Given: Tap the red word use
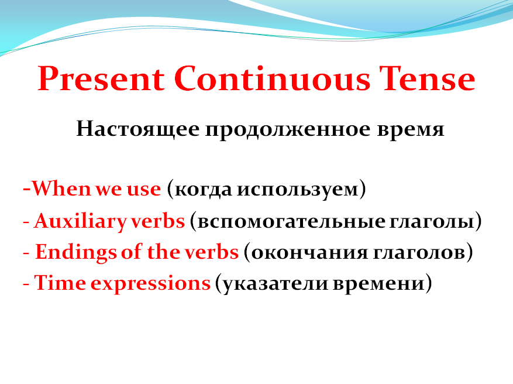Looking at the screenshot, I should click(x=143, y=190).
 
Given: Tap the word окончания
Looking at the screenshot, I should click(x=304, y=252).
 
